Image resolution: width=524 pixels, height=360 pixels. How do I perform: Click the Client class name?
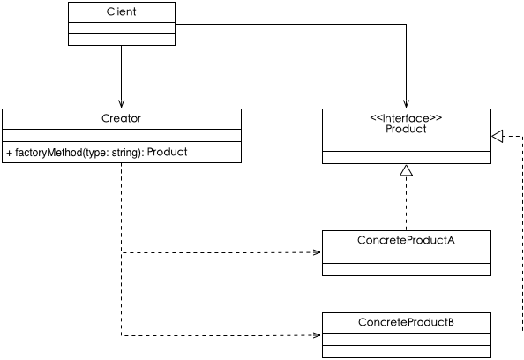122,11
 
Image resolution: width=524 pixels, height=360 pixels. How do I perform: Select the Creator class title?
122,118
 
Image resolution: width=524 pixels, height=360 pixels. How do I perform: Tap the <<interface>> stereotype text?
406,118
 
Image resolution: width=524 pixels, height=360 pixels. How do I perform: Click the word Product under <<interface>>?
406,129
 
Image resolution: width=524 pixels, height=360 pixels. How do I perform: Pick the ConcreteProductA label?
406,240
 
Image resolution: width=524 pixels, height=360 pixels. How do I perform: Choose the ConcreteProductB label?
406,322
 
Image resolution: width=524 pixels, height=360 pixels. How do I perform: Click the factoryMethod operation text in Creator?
96,153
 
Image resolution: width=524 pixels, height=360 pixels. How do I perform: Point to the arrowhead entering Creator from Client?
122,103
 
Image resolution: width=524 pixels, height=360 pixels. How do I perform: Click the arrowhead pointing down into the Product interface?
407,103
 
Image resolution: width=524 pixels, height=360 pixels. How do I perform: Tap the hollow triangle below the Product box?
407,170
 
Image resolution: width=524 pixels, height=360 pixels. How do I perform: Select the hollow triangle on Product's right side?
498,136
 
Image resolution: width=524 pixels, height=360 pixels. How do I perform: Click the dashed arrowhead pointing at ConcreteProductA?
317,252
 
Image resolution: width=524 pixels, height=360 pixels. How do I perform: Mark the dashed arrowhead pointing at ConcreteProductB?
317,335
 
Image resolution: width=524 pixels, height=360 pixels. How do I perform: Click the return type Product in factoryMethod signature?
167,152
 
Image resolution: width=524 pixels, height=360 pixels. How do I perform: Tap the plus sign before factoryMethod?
9,154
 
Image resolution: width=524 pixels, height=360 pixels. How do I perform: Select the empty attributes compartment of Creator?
122,135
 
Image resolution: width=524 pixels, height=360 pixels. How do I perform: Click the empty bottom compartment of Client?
122,39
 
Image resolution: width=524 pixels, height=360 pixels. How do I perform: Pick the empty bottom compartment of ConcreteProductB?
407,352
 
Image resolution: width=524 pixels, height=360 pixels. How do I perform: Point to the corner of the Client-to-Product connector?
407,24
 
